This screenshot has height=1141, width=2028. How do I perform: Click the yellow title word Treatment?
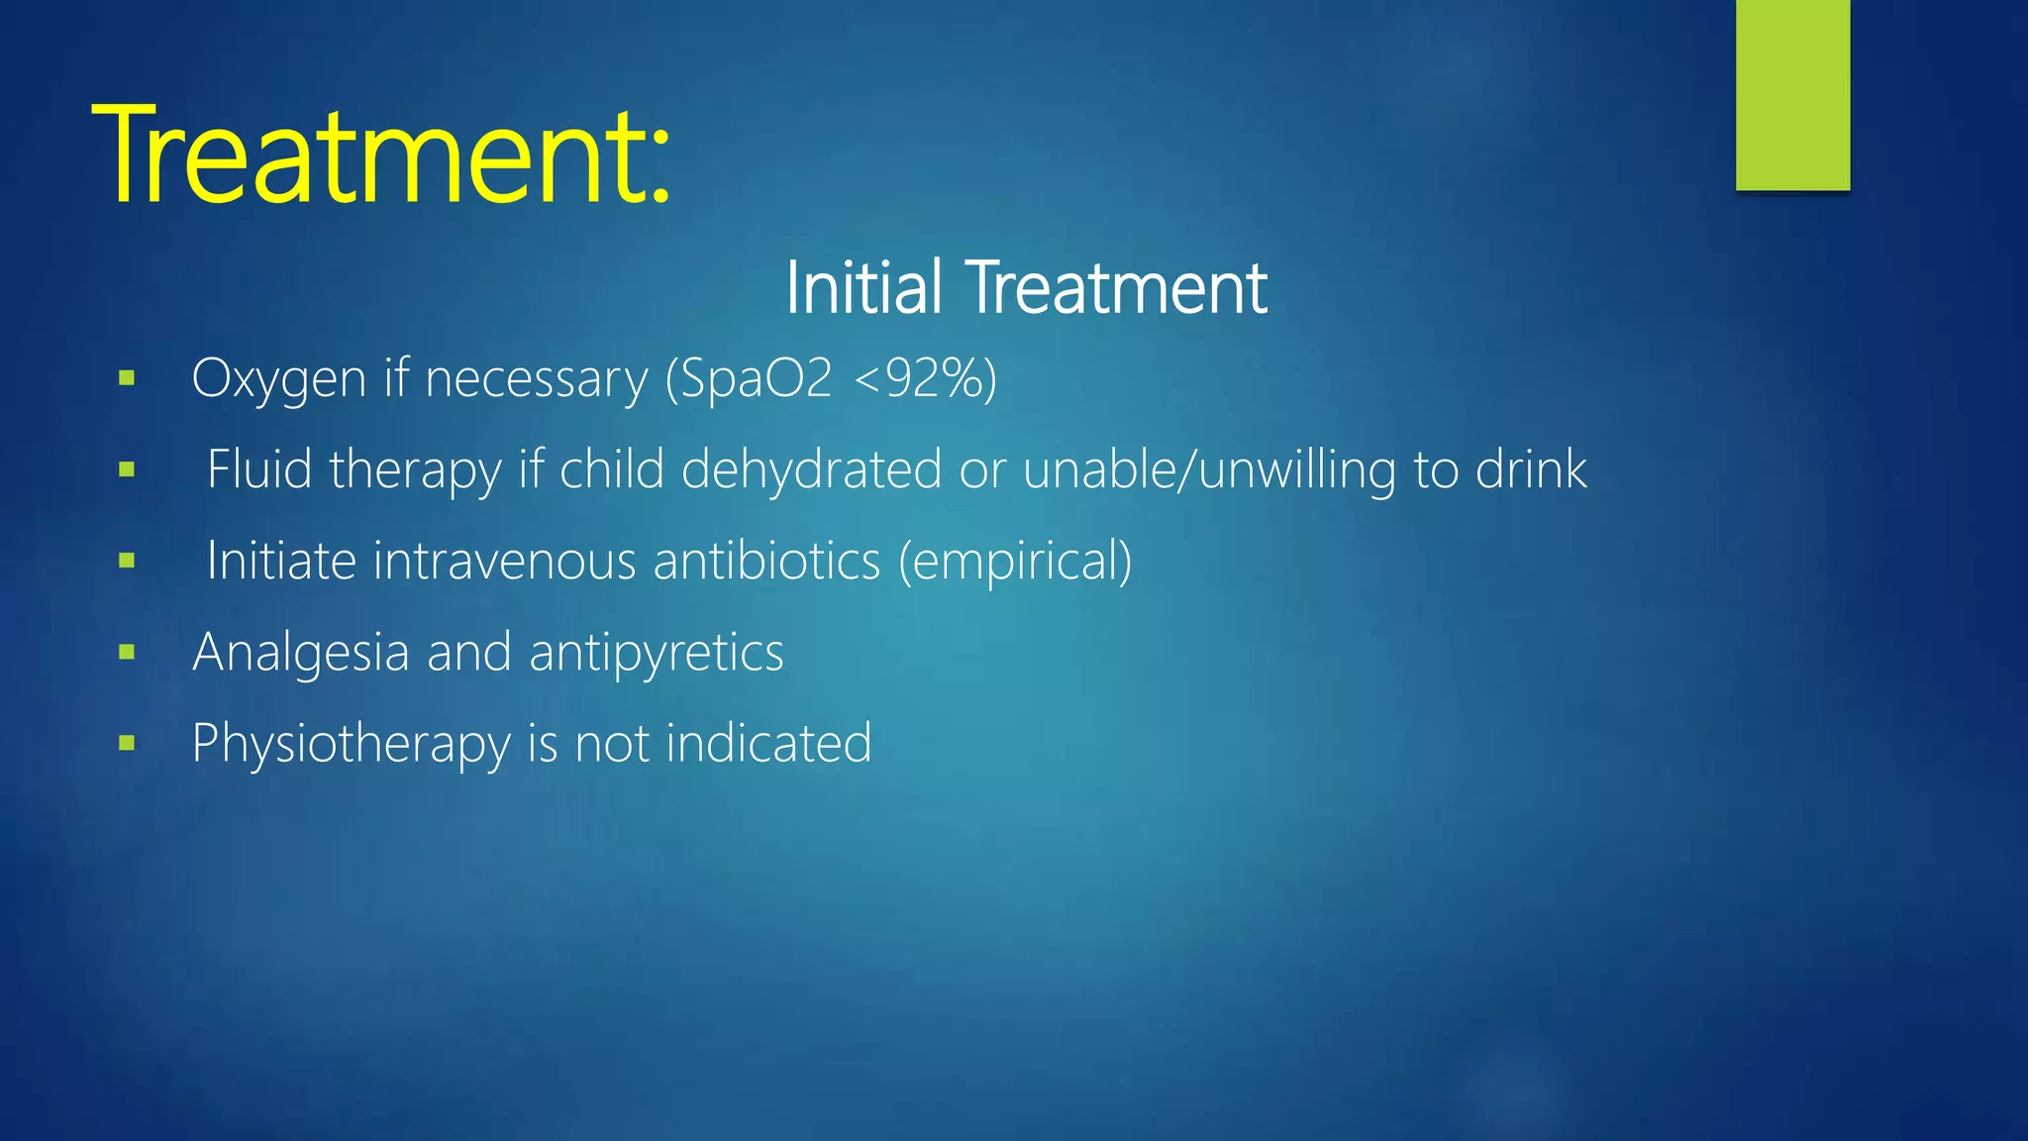point(381,156)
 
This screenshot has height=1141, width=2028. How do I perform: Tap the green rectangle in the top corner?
point(1792,95)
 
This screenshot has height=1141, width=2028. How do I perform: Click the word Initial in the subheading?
point(862,288)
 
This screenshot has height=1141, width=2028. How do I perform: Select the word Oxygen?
point(278,379)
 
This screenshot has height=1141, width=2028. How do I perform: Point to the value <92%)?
point(924,377)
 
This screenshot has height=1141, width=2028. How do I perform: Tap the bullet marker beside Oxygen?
point(126,377)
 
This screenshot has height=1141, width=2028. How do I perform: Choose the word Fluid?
point(259,468)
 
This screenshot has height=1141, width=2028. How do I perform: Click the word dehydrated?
point(811,468)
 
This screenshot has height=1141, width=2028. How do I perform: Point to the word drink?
point(1531,468)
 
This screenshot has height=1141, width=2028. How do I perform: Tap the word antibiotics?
point(766,561)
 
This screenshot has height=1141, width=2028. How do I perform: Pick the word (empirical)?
point(1015,561)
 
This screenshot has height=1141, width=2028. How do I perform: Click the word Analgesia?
point(301,653)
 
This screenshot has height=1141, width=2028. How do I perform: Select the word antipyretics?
point(656,653)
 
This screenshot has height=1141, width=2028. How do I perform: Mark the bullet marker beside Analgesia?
point(126,652)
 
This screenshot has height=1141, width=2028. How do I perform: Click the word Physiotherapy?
point(351,744)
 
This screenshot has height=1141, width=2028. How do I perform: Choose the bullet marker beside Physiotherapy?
point(126,743)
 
